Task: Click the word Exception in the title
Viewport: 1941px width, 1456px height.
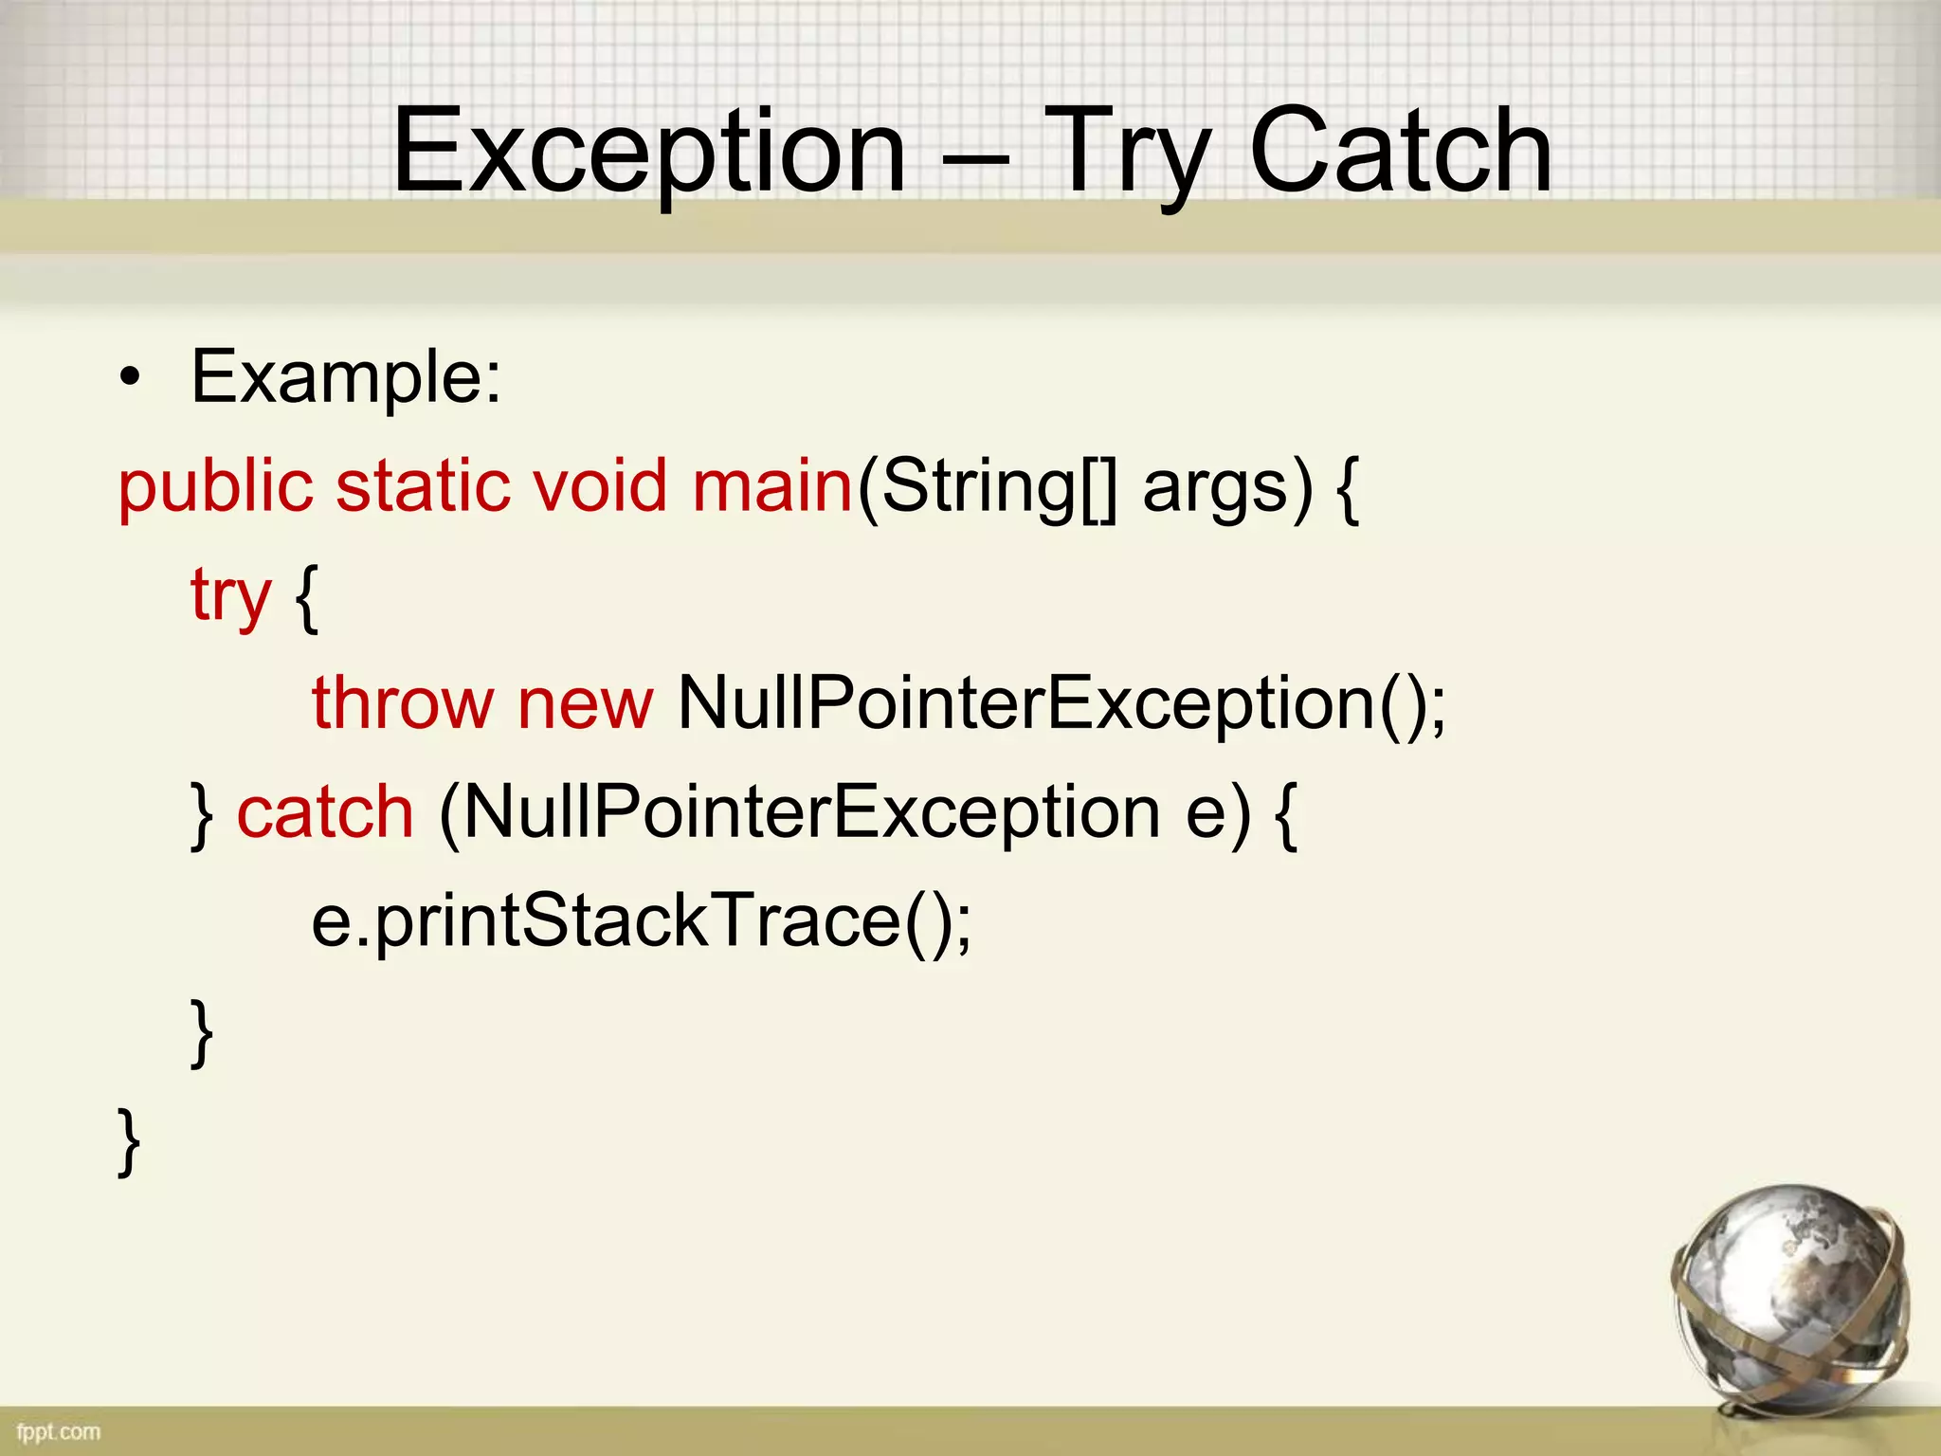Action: pos(649,152)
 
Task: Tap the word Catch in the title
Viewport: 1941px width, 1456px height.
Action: pos(1401,152)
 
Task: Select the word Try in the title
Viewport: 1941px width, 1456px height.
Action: pos(1128,152)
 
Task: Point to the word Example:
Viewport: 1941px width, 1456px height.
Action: pos(346,377)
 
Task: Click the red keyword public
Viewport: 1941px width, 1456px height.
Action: pos(215,486)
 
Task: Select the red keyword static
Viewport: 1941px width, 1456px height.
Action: pos(424,486)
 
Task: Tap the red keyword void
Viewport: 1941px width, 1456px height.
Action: pos(600,486)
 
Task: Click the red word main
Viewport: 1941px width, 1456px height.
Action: pos(772,486)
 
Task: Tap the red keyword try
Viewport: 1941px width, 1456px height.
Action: pos(230,595)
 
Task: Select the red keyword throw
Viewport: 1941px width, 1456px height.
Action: pos(403,703)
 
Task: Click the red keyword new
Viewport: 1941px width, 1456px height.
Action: pos(585,703)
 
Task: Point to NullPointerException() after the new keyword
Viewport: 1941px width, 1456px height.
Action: pos(1061,703)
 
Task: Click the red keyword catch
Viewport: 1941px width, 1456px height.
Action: pos(325,812)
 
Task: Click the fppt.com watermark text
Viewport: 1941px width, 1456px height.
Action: pos(59,1431)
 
